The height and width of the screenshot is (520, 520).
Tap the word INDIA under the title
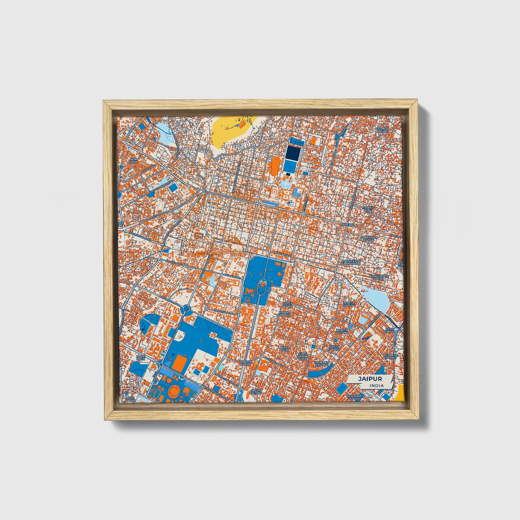click(376, 385)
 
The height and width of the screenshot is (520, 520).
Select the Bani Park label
click(133, 160)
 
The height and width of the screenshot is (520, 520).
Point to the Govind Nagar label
click(382, 130)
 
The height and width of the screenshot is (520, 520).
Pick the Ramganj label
click(347, 225)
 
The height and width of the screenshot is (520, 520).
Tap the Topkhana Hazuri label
click(369, 239)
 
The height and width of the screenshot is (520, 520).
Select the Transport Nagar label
click(379, 277)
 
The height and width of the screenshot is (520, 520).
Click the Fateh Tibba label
click(288, 305)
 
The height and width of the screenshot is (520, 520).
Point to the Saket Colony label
click(334, 348)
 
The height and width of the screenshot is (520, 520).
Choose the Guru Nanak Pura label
click(303, 356)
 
